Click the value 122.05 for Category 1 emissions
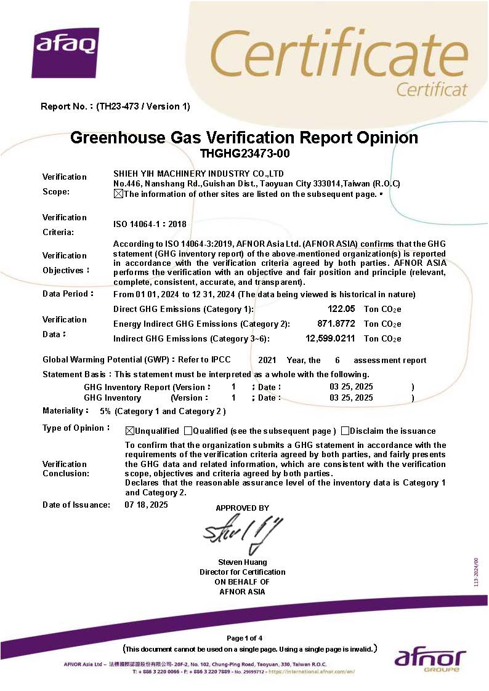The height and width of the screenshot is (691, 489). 341,309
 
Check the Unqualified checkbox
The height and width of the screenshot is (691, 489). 129,431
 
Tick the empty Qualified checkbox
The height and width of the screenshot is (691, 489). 188,431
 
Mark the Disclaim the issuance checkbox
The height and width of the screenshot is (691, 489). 345,431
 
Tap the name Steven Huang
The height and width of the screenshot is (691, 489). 243,562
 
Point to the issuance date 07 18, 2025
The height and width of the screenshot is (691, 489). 146,505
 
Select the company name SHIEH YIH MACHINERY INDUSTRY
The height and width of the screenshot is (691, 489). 198,174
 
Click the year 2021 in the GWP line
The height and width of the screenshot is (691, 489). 267,361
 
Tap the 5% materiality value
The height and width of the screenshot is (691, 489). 105,411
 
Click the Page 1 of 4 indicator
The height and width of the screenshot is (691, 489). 244,637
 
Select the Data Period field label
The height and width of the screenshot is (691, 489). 67,294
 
